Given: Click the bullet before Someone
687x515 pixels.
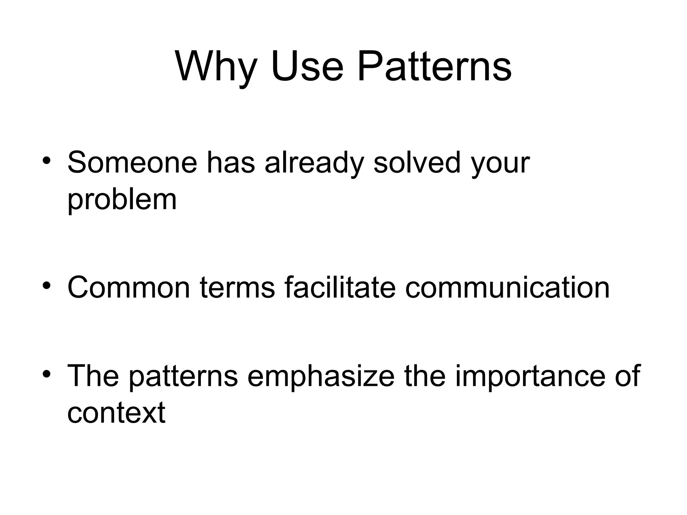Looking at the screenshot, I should (47, 161).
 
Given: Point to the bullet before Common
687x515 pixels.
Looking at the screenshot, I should (47, 286).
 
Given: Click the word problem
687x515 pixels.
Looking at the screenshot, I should (122, 201).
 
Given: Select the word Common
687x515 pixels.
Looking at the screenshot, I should (128, 288).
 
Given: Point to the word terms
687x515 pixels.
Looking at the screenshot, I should (237, 288).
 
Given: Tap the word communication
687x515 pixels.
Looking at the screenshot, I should (507, 288).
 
